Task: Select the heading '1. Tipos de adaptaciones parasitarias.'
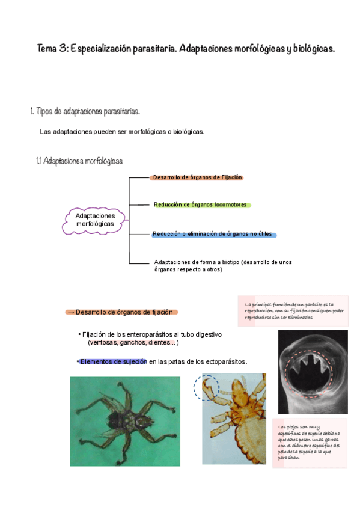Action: pos(85,111)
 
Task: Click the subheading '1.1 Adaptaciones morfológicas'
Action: pos(79,161)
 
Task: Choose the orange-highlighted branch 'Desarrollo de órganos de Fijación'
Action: pos(197,177)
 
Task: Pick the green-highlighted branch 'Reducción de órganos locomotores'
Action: pos(200,205)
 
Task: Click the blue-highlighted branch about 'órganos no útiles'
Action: pos(214,234)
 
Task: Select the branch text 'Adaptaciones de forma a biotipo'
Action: pos(205,262)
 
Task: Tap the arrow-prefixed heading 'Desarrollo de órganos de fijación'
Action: pos(121,312)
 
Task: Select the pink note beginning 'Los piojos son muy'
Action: pos(309,443)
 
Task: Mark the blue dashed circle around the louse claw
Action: pos(206,388)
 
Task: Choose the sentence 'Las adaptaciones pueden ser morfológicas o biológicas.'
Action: pos(122,132)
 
